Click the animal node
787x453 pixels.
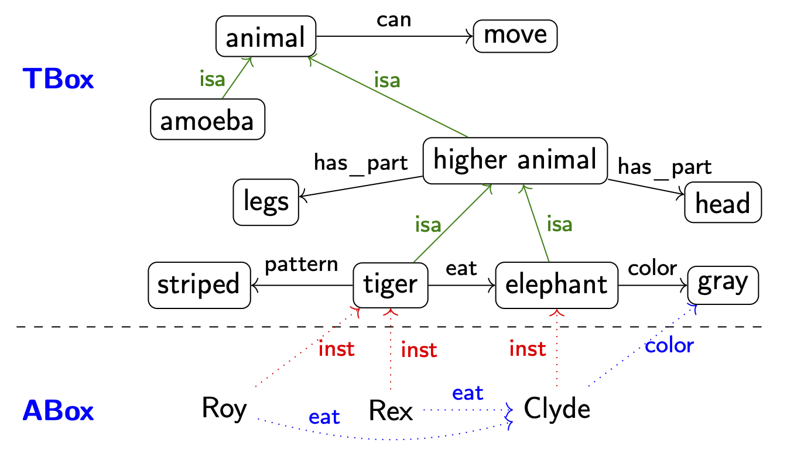[266, 36]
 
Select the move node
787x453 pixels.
[515, 36]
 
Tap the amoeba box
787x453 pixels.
[208, 119]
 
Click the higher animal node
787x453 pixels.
[515, 160]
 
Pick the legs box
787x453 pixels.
[266, 203]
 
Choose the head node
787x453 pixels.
[723, 203]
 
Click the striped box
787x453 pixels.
[199, 285]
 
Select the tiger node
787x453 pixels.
[391, 285]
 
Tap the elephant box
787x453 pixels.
[556, 285]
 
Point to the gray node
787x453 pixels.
[723, 285]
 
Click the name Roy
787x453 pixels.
[224, 409]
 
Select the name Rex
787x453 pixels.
[391, 410]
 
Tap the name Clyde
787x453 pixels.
[557, 409]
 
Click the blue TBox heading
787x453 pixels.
[58, 78]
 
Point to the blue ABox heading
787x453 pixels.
[58, 410]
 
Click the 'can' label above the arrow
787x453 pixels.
[394, 20]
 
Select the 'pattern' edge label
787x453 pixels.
[302, 265]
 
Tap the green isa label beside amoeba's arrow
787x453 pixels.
[212, 78]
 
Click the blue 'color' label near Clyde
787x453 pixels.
[669, 345]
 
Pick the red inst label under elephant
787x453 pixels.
[528, 349]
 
